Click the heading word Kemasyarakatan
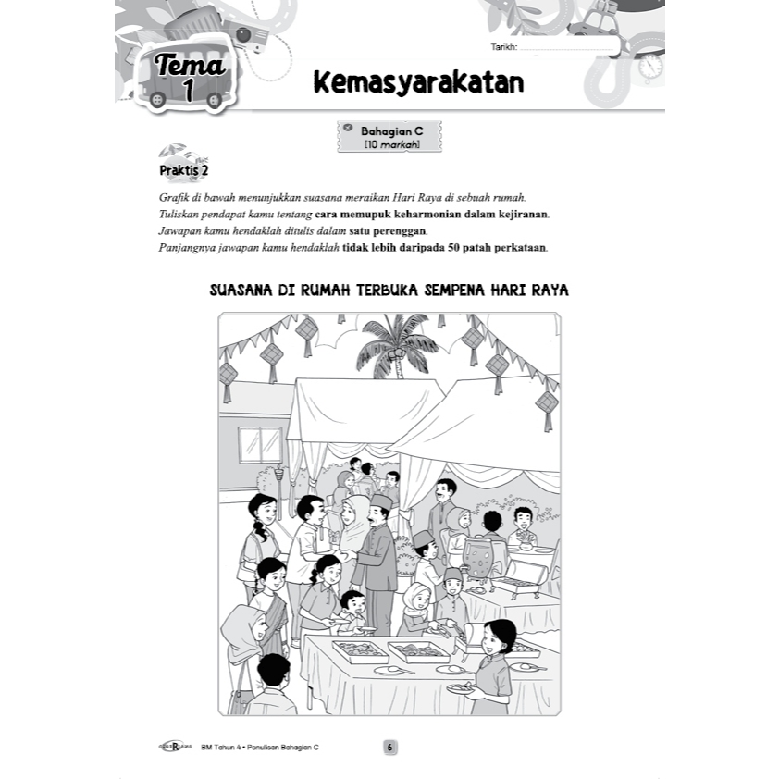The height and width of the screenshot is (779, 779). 418,83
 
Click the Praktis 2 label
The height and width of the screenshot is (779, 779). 184,171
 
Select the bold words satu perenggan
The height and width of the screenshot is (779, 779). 375,231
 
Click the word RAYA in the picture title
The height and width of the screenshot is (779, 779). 550,290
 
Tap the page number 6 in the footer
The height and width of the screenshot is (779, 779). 389,747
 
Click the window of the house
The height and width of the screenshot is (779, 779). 260,443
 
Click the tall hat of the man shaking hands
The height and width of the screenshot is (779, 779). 381,502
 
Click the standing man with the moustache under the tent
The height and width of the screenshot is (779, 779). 444,509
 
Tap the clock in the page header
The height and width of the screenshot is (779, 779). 650,66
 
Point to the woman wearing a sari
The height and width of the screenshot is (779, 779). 270,601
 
